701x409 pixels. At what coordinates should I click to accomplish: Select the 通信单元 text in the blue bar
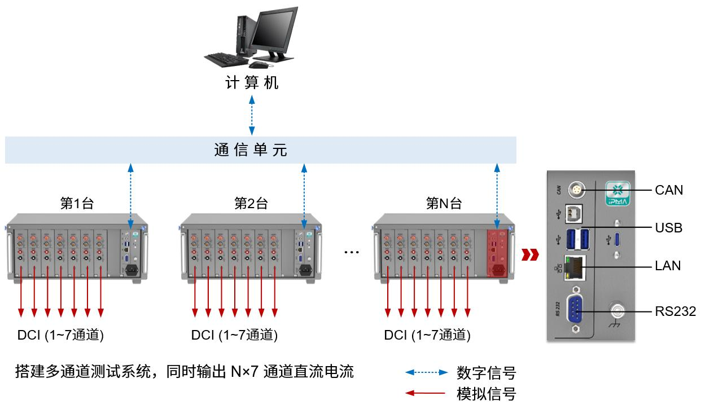point(251,150)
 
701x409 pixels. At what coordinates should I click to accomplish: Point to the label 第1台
point(77,204)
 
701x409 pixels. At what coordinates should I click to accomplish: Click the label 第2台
point(251,204)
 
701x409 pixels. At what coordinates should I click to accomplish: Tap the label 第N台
point(444,204)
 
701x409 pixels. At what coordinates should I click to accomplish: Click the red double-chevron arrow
point(529,255)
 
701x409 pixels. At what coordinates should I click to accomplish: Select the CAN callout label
point(669,190)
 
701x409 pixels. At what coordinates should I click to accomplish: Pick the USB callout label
point(668,228)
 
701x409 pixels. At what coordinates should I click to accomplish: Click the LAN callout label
point(668,265)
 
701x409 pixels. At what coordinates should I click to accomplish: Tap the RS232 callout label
point(676,311)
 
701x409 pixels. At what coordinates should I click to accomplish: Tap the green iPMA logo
point(617,192)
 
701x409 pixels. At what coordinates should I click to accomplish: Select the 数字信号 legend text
point(486,372)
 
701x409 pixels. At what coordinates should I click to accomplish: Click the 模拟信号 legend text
point(486,393)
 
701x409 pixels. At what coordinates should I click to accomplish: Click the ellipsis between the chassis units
point(352,252)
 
